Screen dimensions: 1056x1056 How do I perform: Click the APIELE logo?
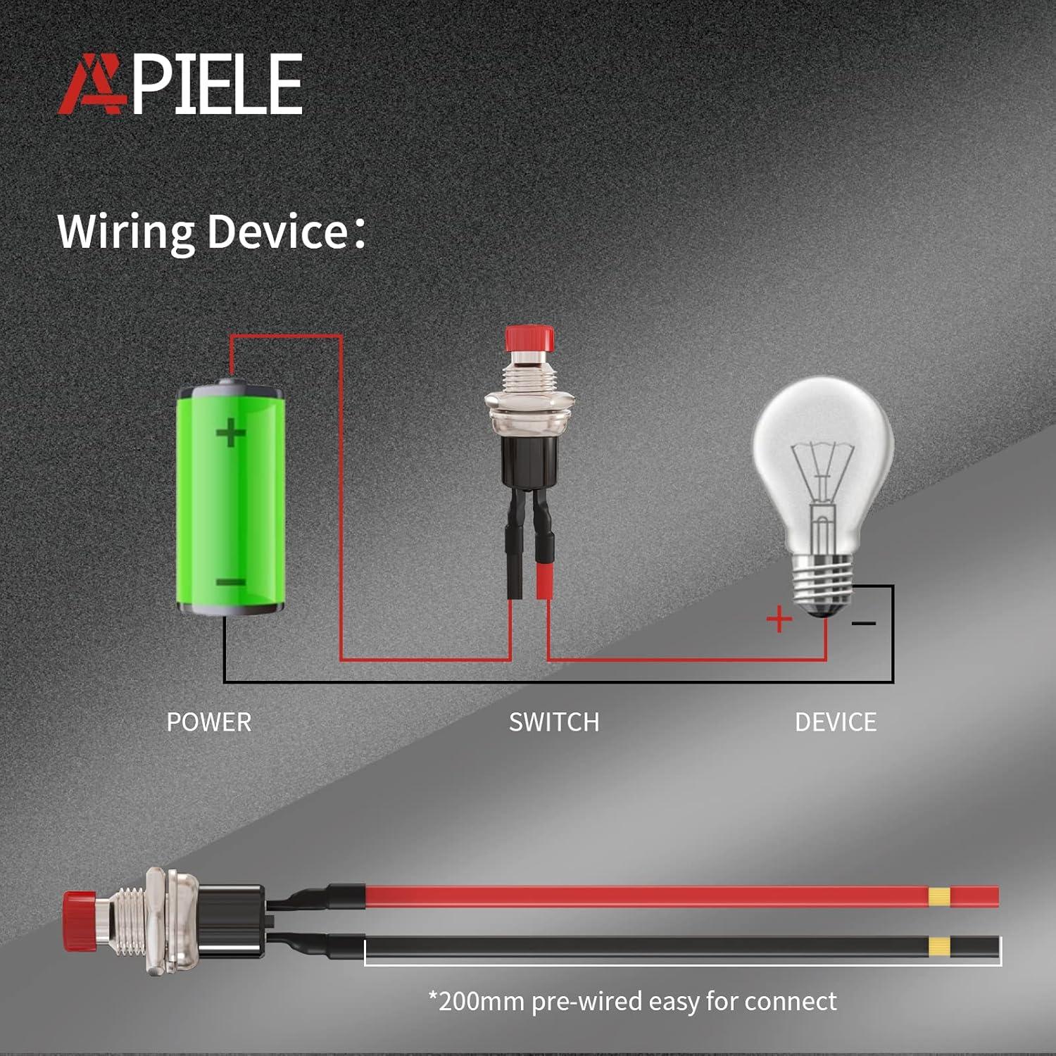click(180, 84)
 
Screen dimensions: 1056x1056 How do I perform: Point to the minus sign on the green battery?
click(230, 582)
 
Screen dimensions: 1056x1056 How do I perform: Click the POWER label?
click(209, 722)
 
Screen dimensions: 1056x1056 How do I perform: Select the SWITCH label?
click(554, 722)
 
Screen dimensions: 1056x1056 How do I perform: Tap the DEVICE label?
click(836, 722)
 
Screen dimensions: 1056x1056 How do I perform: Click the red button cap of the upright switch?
click(529, 339)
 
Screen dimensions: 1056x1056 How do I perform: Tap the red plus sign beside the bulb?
click(779, 620)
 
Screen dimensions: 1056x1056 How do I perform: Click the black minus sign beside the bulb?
click(864, 623)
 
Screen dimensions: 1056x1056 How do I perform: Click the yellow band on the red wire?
click(939, 897)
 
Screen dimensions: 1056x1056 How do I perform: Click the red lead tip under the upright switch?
click(543, 581)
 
